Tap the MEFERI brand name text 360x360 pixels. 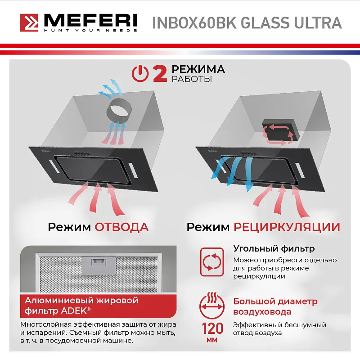pos(90,21)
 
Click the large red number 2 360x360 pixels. pos(160,74)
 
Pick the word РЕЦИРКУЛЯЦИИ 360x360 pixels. pos(287,226)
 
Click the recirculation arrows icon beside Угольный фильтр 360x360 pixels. pos(211,262)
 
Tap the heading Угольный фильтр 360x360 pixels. pos(274,248)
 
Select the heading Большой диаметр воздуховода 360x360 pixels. pos(275,306)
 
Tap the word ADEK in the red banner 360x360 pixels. pos(71,310)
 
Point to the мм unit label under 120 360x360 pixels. pos(211,340)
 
